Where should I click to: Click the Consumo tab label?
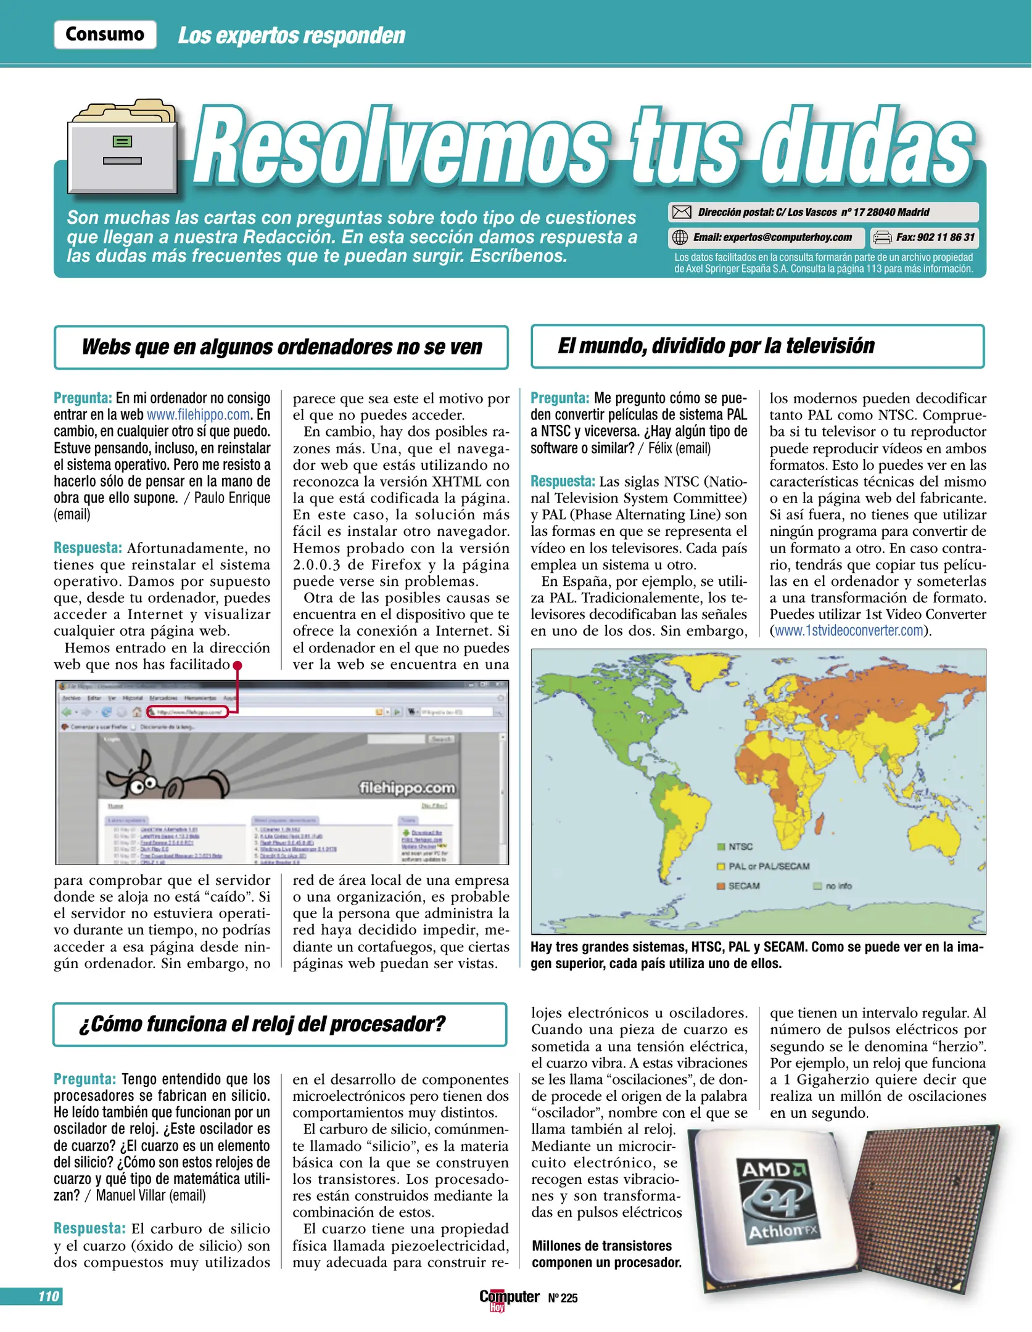tap(105, 35)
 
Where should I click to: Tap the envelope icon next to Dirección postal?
tap(681, 212)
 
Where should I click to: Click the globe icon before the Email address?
tap(679, 237)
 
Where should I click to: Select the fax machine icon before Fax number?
tap(883, 237)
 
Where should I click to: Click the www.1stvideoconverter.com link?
tap(849, 631)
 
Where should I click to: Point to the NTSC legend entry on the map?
tap(737, 847)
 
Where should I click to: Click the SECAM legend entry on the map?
tap(739, 886)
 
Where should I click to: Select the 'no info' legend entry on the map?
tap(833, 886)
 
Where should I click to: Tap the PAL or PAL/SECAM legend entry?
tap(764, 866)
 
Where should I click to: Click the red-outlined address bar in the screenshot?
tap(188, 712)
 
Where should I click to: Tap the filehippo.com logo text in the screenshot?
tap(407, 787)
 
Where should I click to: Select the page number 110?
tap(48, 1296)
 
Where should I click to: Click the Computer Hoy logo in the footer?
tap(508, 1297)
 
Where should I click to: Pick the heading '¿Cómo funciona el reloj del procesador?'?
tap(262, 1024)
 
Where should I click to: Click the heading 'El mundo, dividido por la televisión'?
tap(716, 346)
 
